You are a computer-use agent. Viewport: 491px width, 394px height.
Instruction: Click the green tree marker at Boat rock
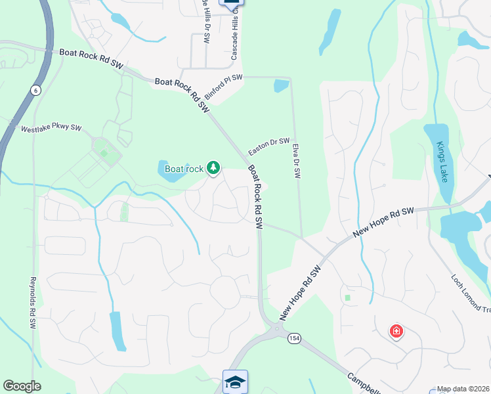[x=213, y=168]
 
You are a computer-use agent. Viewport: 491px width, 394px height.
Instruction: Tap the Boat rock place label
[x=184, y=169]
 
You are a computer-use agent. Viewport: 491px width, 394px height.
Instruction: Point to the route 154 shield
[x=293, y=338]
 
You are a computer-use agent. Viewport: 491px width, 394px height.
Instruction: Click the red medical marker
[x=396, y=331]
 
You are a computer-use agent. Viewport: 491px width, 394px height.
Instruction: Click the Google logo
[x=22, y=386]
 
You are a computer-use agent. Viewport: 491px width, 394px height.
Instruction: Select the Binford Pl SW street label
[x=223, y=87]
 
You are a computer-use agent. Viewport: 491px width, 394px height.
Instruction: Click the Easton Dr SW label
[x=268, y=146]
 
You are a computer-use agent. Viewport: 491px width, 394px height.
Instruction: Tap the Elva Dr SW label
[x=296, y=162]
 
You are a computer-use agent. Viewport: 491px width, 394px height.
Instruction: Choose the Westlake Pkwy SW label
[x=51, y=129]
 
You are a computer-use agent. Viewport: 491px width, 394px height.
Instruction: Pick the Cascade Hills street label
[x=233, y=36]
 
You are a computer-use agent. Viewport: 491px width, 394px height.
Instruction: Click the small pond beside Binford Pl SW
[x=281, y=85]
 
